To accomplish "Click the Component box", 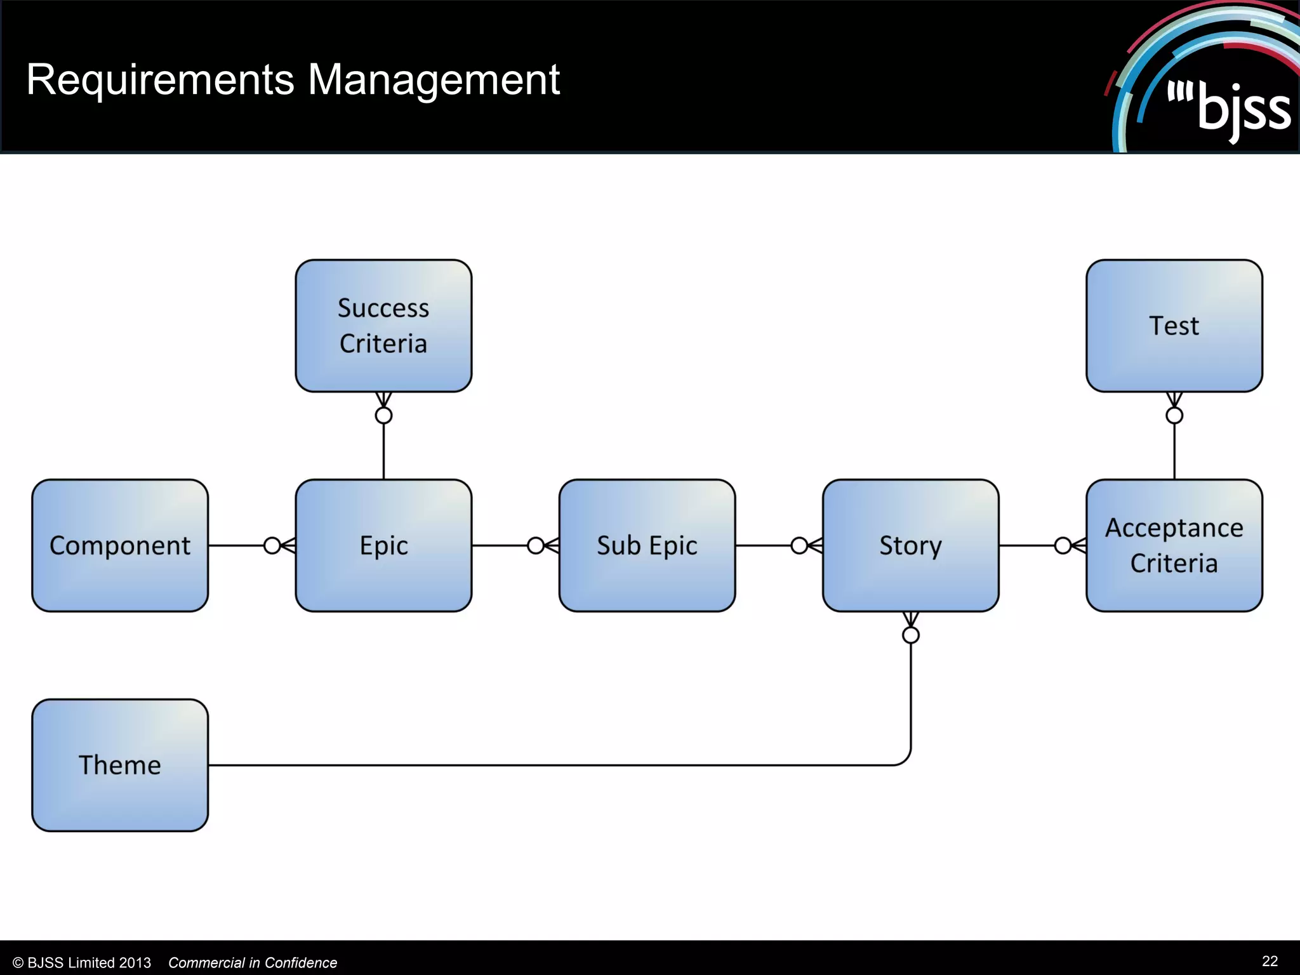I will point(120,545).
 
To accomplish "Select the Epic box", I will point(383,545).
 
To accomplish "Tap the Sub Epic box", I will point(647,545).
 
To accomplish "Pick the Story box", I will point(910,545).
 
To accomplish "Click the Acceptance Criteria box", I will point(1174,545).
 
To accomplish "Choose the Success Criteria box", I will point(383,326).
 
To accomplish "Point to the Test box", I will point(1174,326).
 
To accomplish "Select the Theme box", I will point(120,765).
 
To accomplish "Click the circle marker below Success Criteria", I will point(383,415).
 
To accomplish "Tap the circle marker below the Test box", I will point(1174,415).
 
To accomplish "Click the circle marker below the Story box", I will point(911,635).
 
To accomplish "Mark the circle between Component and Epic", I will point(272,545).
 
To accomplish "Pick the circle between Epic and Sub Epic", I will point(536,545).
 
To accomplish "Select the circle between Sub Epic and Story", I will point(799,545).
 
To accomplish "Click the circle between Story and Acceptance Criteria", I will point(1063,545).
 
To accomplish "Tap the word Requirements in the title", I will point(160,80).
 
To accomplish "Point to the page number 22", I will point(1270,961).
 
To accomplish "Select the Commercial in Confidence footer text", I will point(253,963).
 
